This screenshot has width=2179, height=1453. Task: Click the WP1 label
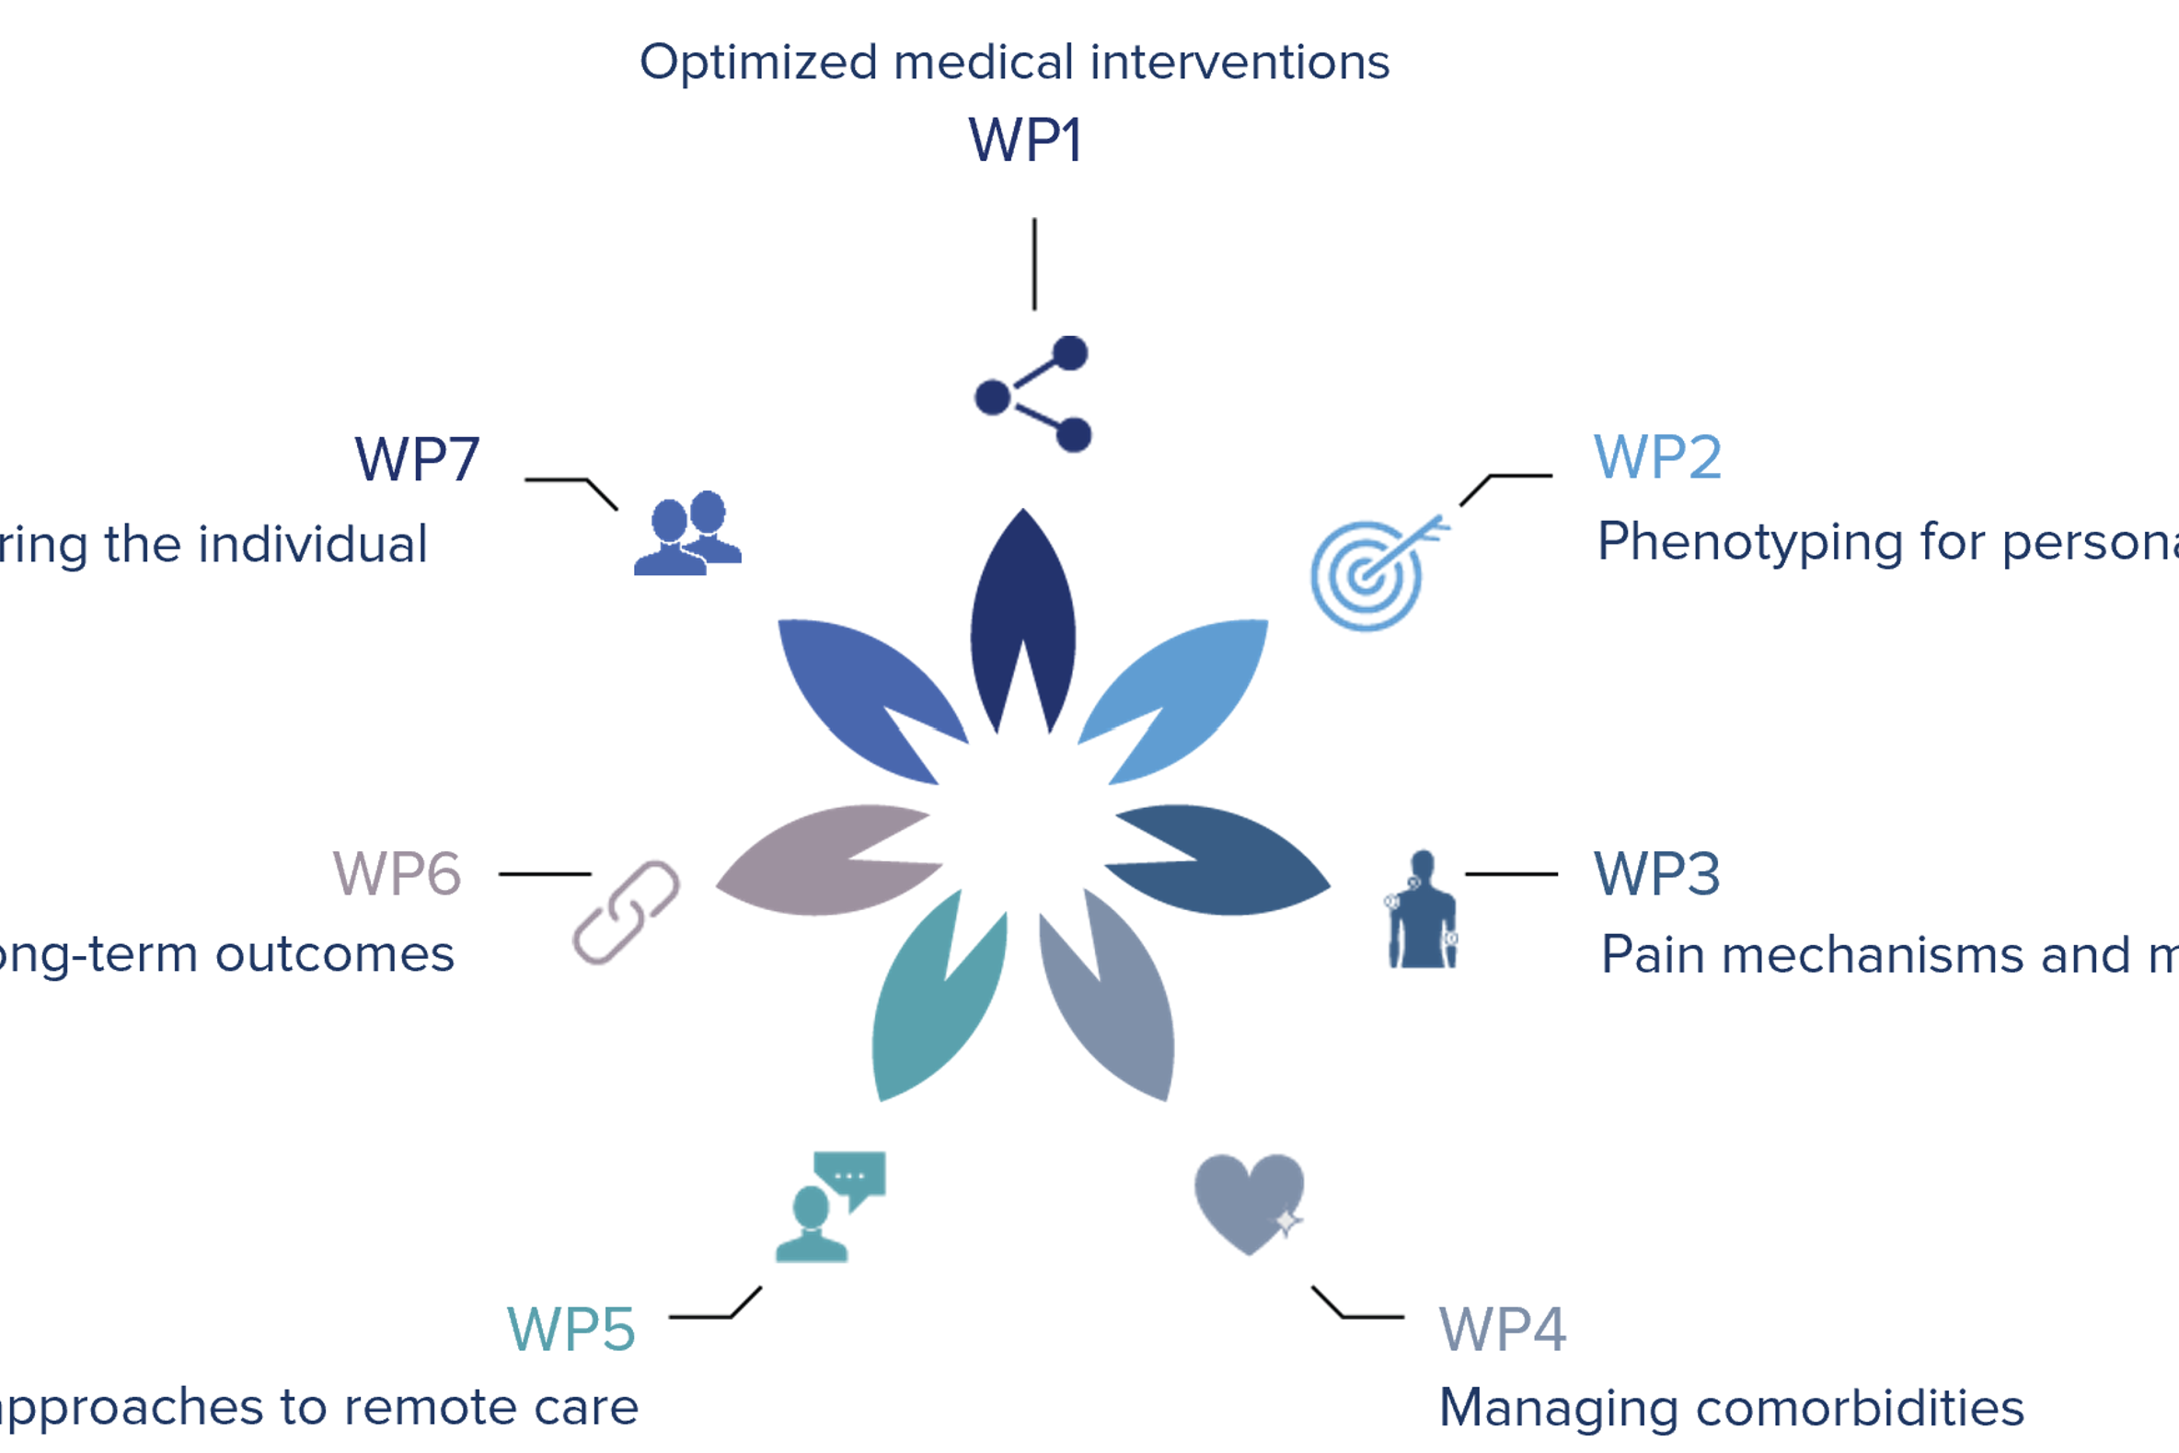tap(1025, 141)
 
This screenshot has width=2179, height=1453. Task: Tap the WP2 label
tap(1657, 456)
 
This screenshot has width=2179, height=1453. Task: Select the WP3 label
tap(1656, 874)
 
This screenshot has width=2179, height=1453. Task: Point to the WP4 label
tap(1502, 1330)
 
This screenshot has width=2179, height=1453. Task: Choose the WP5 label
tap(571, 1330)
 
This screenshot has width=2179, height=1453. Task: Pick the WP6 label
tap(397, 874)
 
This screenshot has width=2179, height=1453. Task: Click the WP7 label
tap(417, 458)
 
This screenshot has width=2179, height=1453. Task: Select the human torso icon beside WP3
tap(1422, 912)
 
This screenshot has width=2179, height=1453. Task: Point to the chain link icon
tap(627, 913)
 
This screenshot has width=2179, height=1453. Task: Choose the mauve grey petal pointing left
tap(815, 862)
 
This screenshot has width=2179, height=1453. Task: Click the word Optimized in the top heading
tap(758, 63)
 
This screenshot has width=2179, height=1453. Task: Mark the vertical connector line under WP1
tap(1035, 264)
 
